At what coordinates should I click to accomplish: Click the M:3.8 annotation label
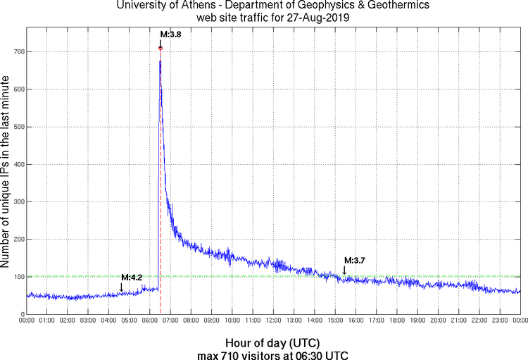tap(171, 34)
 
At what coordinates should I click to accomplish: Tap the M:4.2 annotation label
tap(132, 277)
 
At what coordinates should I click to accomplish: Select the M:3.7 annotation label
tap(354, 261)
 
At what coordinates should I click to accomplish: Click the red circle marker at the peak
tap(161, 48)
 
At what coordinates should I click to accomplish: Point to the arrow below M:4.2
tap(121, 286)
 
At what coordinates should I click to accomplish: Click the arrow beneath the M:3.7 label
tap(344, 269)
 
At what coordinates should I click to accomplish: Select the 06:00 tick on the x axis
tap(151, 321)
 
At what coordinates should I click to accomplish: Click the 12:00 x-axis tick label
tap(274, 321)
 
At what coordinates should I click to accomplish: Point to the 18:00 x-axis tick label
tap(397, 321)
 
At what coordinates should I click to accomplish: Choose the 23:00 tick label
tap(500, 321)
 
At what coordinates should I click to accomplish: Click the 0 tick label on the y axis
tap(21, 314)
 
